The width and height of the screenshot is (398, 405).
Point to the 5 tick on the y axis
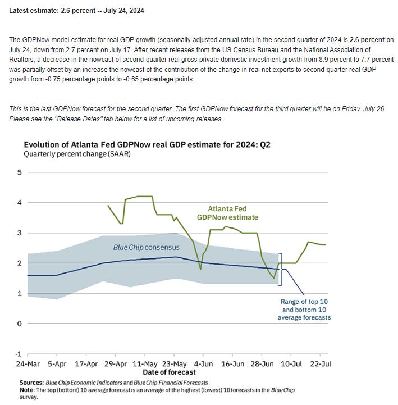[19, 172]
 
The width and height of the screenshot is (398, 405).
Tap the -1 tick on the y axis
[18, 354]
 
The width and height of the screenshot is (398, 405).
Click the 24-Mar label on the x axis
[28, 363]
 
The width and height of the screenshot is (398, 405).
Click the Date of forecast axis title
[169, 372]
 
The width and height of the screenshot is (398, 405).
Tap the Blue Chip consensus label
[147, 247]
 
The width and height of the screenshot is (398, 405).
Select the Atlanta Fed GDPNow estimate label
[227, 213]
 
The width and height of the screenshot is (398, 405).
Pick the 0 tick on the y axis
[19, 324]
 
